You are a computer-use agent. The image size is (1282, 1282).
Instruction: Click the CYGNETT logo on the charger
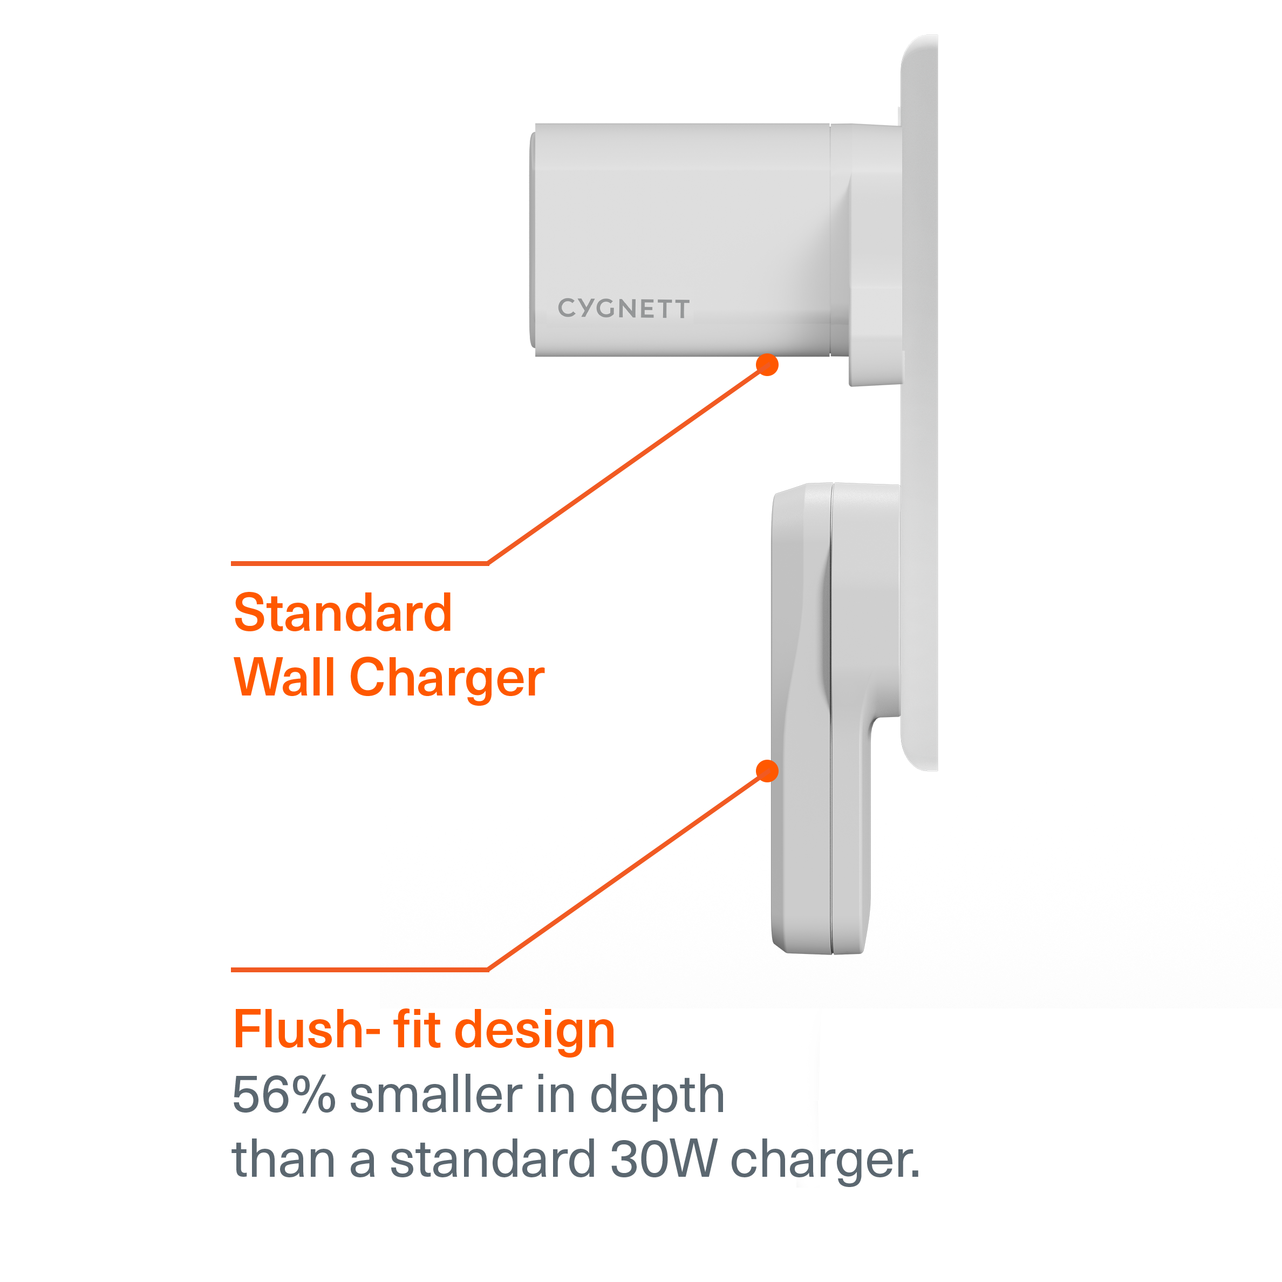point(624,309)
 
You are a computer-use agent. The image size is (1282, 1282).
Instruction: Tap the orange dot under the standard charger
point(767,364)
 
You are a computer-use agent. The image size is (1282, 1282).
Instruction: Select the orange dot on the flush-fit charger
point(767,770)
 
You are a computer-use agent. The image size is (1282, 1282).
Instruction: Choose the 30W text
point(663,1158)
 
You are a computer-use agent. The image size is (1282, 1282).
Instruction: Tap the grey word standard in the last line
point(492,1158)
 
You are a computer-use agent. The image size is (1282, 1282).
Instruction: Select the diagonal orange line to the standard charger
point(627,465)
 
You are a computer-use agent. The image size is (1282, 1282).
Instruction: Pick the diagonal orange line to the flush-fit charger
point(627,871)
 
